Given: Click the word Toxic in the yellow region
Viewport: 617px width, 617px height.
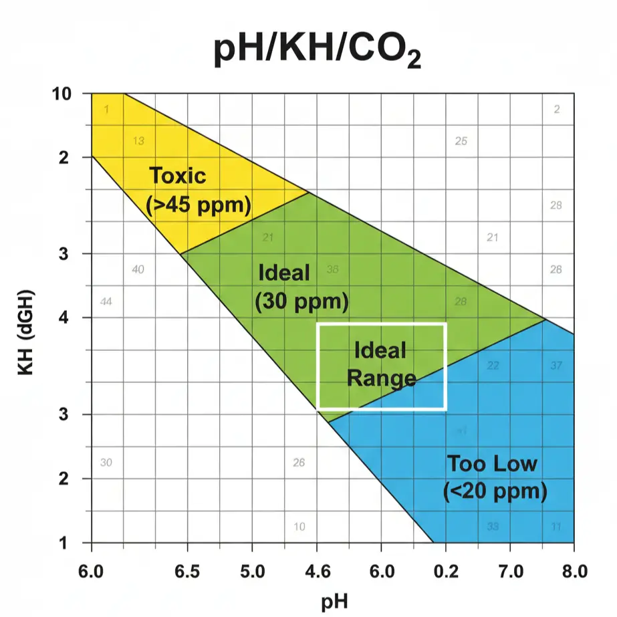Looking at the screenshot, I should tap(177, 176).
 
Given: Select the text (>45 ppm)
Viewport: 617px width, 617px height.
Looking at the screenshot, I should tap(198, 205).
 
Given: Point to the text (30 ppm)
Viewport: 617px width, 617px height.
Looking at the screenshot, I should tap(302, 301).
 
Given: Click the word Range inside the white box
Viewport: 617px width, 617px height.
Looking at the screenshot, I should tap(381, 378).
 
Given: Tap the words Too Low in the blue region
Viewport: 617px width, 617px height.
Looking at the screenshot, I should tap(492, 463).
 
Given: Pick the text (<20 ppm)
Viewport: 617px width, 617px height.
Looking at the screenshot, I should tap(495, 492).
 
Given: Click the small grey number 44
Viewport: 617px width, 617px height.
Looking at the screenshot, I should tap(106, 301).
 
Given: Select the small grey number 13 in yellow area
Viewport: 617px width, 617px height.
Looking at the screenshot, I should tap(138, 141).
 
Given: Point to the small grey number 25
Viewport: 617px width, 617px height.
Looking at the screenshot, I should tap(461, 141).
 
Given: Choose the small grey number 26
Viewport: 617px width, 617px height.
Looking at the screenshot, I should tap(299, 463).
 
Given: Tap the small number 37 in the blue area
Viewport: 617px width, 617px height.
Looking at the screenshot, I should tap(557, 366).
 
